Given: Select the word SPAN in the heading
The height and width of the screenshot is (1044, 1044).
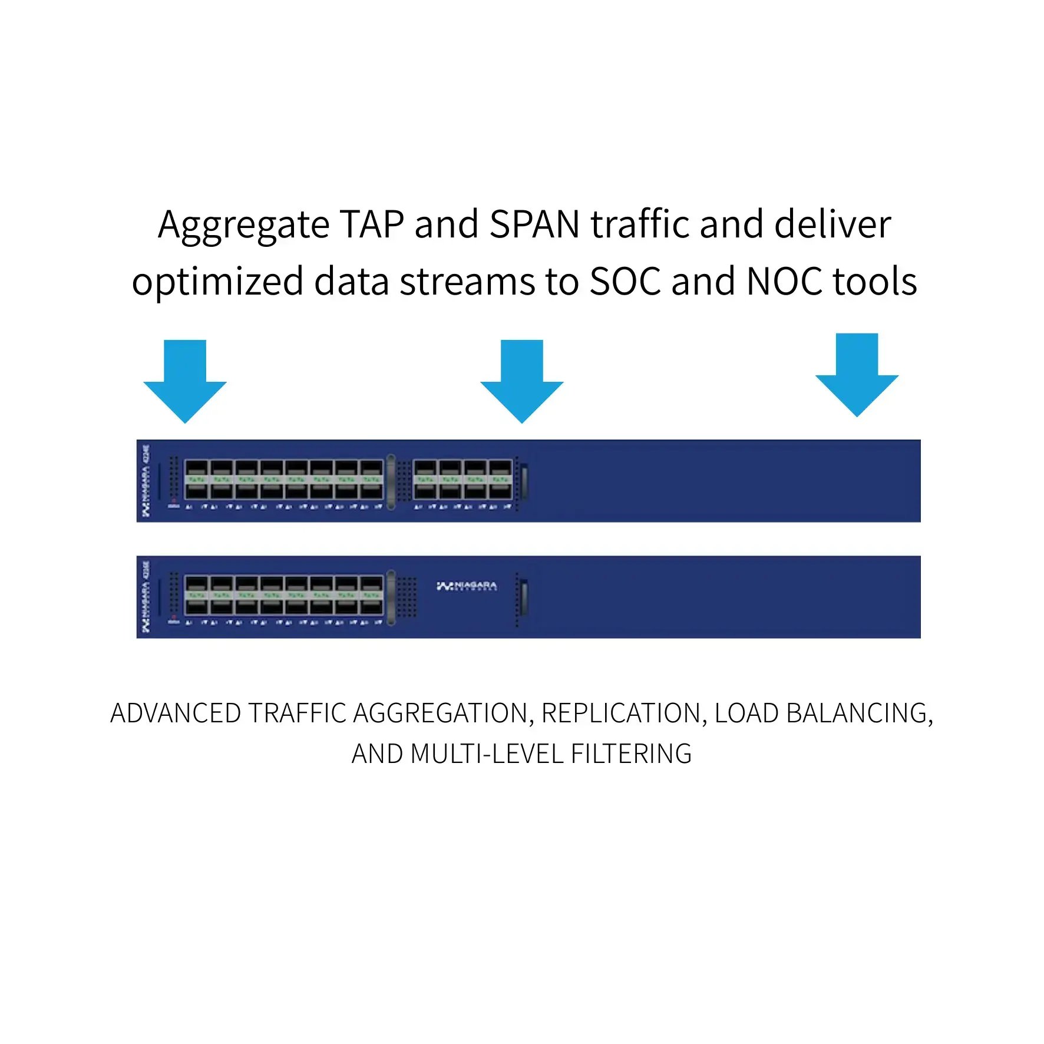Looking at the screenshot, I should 534,224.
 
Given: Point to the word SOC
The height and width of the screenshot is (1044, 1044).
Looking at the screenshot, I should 625,282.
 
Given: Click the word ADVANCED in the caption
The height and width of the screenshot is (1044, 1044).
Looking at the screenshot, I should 175,713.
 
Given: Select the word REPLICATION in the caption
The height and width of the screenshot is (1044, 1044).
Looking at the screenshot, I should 620,713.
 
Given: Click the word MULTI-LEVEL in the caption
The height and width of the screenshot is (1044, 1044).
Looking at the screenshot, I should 486,754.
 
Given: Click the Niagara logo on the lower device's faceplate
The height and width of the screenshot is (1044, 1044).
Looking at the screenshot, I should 467,586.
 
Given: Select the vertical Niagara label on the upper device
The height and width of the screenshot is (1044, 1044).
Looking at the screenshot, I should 146,481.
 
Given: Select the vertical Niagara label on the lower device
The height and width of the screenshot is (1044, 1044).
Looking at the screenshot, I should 146,596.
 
